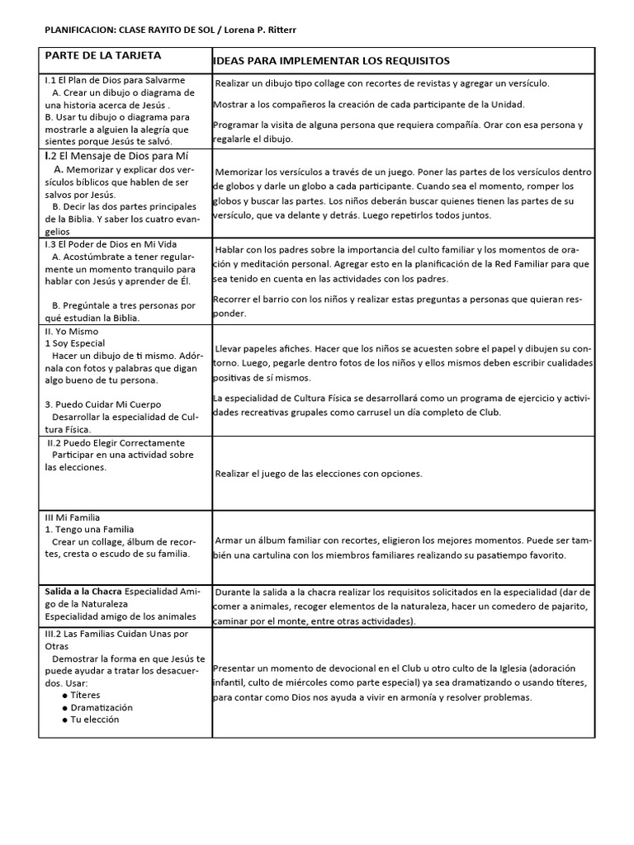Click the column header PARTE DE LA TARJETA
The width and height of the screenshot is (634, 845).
click(103, 56)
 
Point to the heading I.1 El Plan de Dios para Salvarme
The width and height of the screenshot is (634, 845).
click(115, 80)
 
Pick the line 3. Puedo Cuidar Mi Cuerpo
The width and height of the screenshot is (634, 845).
click(102, 404)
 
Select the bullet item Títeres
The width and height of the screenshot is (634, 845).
click(95, 695)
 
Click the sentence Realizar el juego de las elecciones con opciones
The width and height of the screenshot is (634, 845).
click(319, 474)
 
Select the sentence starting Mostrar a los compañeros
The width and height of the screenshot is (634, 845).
click(368, 104)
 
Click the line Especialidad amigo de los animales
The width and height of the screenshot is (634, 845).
click(120, 616)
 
